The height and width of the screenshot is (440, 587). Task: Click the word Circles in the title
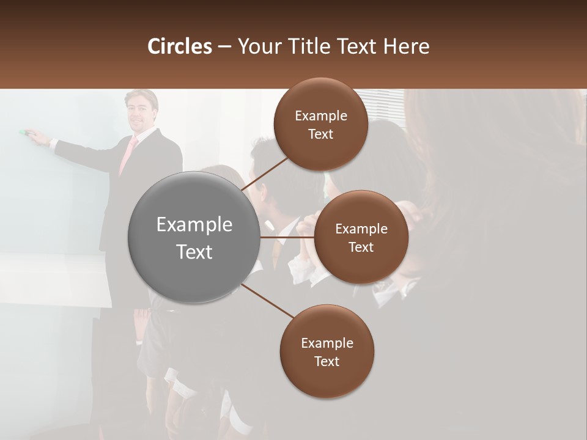click(179, 46)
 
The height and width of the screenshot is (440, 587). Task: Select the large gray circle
click(194, 237)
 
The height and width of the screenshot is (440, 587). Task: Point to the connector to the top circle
click(267, 170)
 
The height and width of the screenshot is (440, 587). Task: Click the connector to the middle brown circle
click(286, 237)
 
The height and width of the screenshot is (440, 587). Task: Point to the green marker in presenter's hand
click(24, 131)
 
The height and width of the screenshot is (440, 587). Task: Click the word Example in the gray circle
click(194, 225)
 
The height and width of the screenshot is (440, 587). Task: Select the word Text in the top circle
click(320, 134)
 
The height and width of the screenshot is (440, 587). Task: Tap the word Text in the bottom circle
click(327, 361)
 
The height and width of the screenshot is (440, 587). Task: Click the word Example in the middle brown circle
click(361, 229)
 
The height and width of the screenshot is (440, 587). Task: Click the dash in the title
click(224, 46)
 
